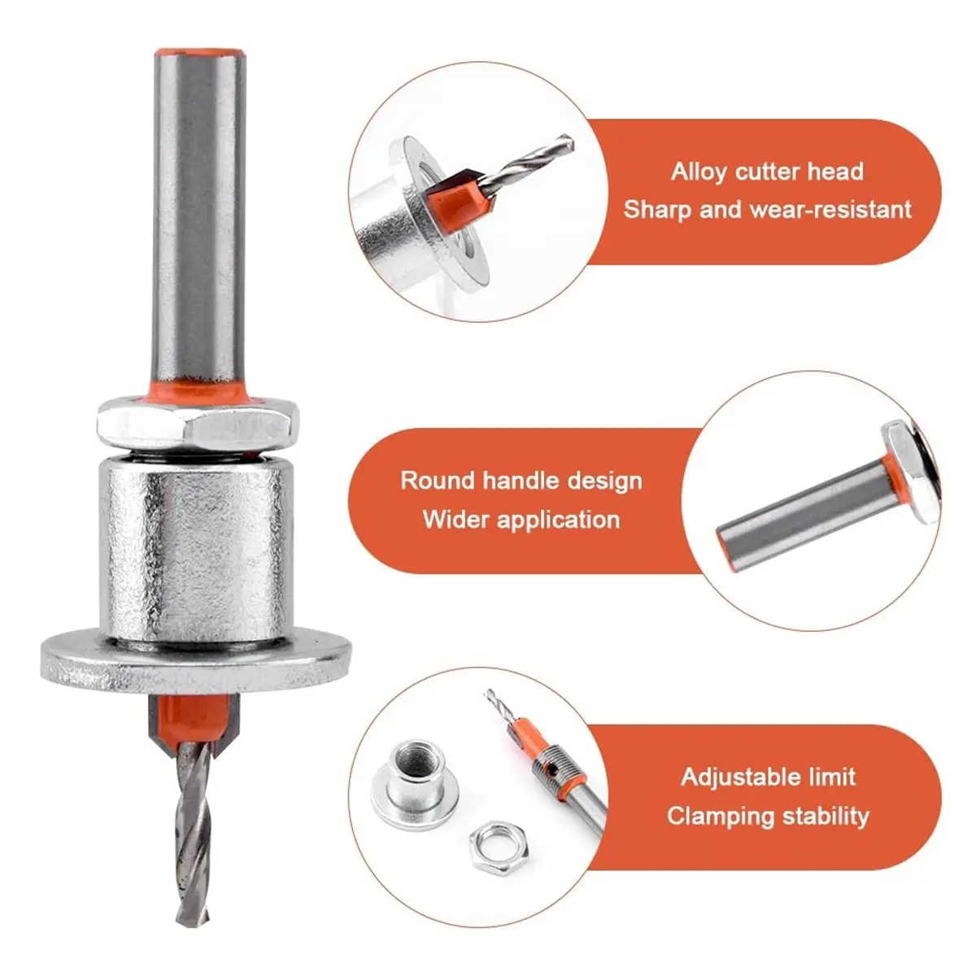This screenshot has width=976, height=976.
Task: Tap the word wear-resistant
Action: pos(830,210)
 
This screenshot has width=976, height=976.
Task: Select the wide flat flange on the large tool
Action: pos(196,661)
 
